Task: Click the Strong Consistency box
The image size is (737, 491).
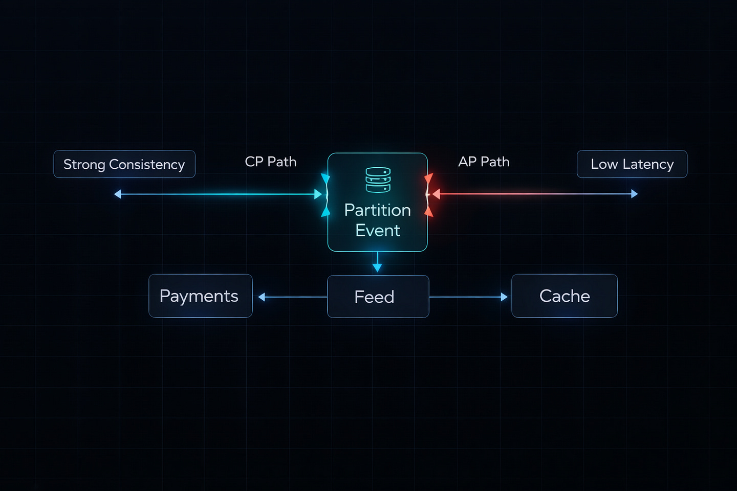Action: (x=124, y=164)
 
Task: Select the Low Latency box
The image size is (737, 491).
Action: (x=632, y=164)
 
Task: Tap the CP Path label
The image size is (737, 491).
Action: (x=271, y=162)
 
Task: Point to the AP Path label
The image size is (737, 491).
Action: (x=484, y=162)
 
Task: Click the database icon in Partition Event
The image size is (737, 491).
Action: (x=378, y=180)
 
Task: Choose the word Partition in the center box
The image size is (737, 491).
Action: (x=377, y=210)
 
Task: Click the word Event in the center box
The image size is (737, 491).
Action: (x=378, y=231)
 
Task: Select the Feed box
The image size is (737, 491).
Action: (x=378, y=297)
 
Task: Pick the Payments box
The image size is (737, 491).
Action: (x=200, y=296)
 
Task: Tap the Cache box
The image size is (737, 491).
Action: (x=565, y=296)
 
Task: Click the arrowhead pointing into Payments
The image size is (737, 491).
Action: (x=262, y=297)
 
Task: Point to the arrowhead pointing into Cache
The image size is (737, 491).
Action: (x=504, y=297)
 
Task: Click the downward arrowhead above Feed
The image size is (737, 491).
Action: (x=377, y=267)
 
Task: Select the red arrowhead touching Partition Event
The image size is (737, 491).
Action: (x=436, y=194)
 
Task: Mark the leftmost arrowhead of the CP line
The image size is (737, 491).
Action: (x=118, y=194)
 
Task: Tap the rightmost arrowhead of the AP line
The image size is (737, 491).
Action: (x=635, y=194)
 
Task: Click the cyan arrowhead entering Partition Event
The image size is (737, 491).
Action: (x=318, y=194)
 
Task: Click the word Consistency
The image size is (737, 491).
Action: (x=147, y=165)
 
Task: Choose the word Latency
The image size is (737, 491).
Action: (x=648, y=164)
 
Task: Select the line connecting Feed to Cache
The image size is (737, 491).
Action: (x=466, y=297)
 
